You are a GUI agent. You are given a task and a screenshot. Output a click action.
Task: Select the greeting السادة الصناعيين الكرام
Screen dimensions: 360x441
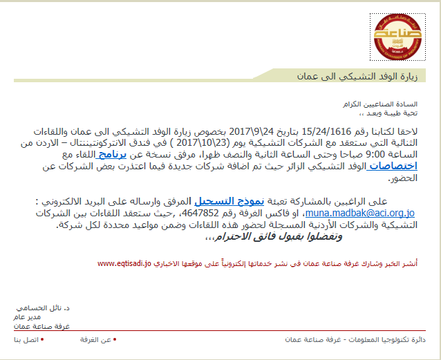pos(393,103)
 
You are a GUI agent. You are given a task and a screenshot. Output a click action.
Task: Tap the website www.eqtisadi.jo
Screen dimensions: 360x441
pos(124,264)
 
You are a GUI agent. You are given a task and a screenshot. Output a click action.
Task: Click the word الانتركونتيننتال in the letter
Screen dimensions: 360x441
pos(144,143)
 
